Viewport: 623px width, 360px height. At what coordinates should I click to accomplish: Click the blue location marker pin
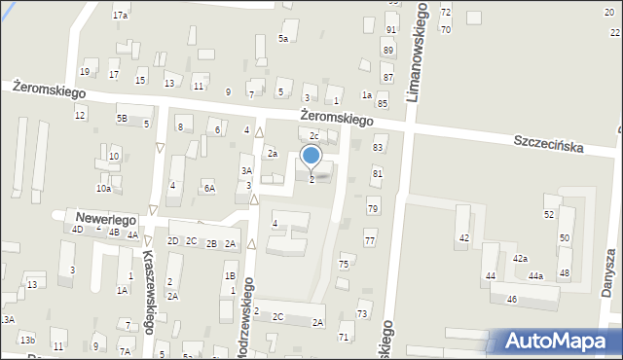point(311,157)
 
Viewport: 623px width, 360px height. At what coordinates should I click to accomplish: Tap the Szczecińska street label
point(549,142)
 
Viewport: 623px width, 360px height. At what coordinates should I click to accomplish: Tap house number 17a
point(120,16)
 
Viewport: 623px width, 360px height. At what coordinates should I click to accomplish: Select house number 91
point(390,30)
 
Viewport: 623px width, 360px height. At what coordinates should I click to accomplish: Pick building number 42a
point(521,258)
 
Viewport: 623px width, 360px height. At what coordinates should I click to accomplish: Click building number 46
point(512,299)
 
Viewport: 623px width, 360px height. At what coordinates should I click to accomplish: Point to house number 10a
point(102,189)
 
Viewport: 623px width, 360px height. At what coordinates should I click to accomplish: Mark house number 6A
point(208,189)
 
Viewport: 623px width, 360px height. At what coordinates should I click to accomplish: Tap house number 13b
point(28,339)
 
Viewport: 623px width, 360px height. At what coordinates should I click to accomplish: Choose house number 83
point(378,147)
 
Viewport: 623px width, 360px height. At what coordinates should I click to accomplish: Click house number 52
point(549,214)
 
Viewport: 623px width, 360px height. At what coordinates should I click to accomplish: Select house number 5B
point(122,119)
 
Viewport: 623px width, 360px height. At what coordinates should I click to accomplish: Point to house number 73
point(362,313)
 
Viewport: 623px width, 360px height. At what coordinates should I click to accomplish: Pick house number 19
point(85,72)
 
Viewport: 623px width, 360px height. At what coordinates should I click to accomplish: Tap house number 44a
point(535,276)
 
